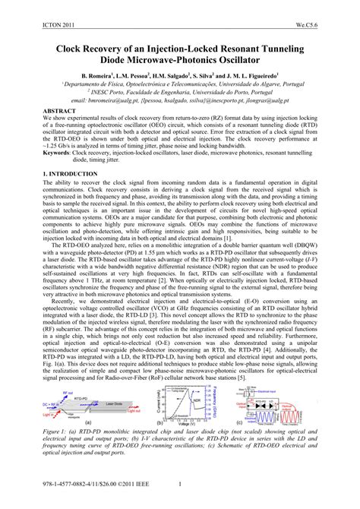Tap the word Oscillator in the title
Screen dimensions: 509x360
(276, 60)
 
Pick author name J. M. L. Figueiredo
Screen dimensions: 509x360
(251, 77)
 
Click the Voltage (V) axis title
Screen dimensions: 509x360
(186, 423)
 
